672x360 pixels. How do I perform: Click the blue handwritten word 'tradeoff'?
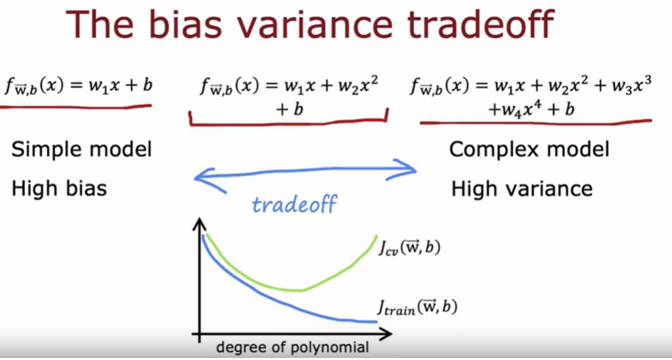click(294, 204)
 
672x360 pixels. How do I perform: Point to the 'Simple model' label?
click(82, 149)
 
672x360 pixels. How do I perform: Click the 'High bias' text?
click(59, 188)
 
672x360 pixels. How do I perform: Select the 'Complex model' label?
click(529, 149)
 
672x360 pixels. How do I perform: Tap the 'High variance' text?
click(522, 189)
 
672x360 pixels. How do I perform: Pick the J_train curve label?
click(417, 308)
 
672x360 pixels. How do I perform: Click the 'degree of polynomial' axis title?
click(292, 348)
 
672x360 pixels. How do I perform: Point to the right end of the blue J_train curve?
click(376, 321)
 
